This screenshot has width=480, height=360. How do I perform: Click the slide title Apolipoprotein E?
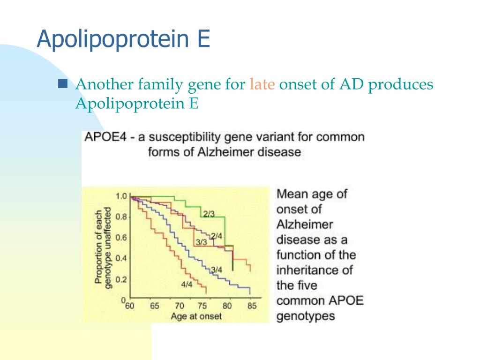point(123,39)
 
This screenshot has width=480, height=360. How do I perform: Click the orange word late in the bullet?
point(262,84)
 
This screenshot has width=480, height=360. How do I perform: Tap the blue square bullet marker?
point(63,84)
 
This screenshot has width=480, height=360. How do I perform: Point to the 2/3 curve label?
point(209,214)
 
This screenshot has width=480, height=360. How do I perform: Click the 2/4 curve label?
point(216,236)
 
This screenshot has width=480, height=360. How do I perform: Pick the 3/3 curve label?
point(201,243)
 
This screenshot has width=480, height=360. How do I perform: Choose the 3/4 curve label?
point(216,269)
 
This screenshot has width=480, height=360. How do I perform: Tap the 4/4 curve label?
point(187,284)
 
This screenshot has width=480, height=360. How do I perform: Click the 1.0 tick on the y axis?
point(121,196)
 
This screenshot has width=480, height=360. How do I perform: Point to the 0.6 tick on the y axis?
point(121,238)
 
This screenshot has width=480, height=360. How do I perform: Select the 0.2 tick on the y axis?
point(121,279)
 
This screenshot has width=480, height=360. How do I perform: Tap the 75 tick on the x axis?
point(203,307)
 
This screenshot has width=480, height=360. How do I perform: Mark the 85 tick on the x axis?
point(252,307)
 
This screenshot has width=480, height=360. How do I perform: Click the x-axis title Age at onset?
point(196,316)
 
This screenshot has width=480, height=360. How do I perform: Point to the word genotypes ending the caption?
point(306,316)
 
